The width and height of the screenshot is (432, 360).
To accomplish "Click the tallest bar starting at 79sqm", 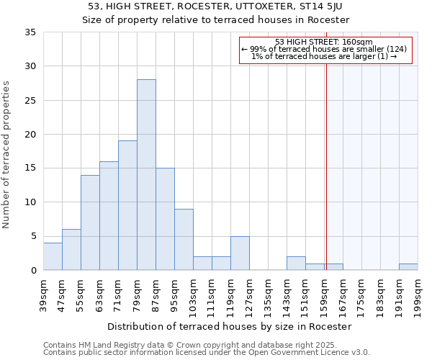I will click(146, 175).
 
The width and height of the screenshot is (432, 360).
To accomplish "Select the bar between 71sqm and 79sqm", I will click(127, 205).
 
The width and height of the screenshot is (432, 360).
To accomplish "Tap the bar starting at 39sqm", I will click(53, 256).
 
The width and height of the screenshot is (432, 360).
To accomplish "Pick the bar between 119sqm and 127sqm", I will click(240, 253).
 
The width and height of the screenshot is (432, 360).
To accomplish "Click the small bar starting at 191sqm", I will click(408, 267).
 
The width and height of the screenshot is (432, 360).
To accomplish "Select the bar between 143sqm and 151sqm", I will click(296, 264).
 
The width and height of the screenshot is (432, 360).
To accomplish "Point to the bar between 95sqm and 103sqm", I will click(184, 240).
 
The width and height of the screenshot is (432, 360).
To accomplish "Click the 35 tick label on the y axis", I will click(30, 32).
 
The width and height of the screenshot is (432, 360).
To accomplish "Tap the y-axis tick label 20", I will click(30, 135).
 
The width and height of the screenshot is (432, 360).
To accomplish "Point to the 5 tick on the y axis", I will click(33, 236).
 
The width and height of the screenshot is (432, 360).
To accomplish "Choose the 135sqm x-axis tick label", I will click(268, 295).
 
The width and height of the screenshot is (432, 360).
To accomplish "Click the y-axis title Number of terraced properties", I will click(7, 155).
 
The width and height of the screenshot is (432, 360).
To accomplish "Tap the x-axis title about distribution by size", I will click(233, 326).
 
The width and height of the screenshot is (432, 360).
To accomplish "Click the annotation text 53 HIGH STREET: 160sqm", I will click(323, 42).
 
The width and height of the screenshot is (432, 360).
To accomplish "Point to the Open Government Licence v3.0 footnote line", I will click(207, 352).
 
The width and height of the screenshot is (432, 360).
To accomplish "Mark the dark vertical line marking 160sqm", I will click(326, 166).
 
